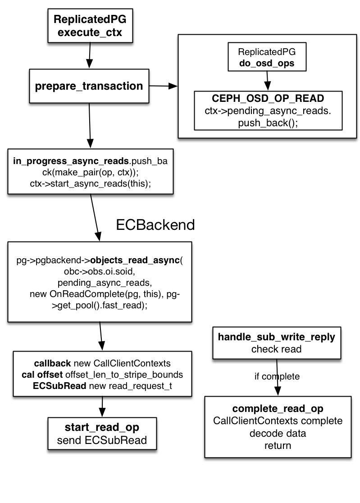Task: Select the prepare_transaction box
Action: [89, 85]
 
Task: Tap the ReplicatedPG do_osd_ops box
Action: [267, 57]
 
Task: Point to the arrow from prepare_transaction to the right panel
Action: [163, 86]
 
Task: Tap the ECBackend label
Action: [155, 224]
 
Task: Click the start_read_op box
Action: [102, 433]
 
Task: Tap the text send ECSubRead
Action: [102, 440]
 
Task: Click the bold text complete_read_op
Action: [278, 409]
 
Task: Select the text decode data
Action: [278, 434]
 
